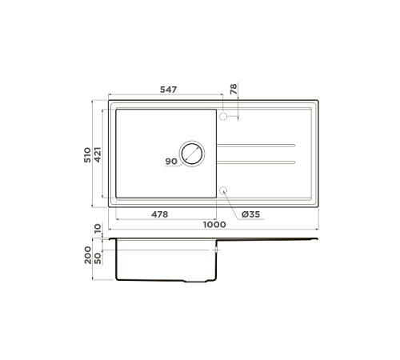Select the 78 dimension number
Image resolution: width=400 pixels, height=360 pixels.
[x=234, y=90]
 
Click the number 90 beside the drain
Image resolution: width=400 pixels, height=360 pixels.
[x=170, y=162]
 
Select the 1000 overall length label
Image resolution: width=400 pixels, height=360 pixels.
[x=214, y=225]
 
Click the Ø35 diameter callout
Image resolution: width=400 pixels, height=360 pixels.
[x=250, y=214]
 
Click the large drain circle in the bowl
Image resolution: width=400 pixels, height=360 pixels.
[x=193, y=153]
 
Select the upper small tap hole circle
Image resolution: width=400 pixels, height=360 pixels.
[x=224, y=117]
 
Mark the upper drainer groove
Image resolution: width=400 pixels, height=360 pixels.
[x=256, y=145]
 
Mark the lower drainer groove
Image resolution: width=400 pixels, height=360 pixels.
[x=256, y=162]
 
